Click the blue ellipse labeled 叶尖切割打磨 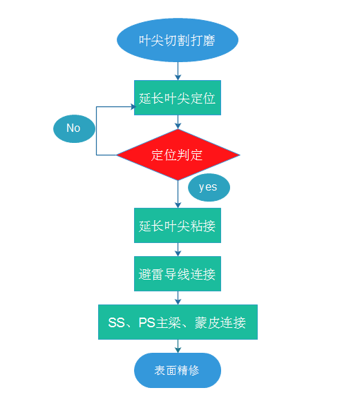pyautogui.click(x=178, y=40)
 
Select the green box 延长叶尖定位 pyautogui.click(x=178, y=97)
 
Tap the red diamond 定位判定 pyautogui.click(x=178, y=155)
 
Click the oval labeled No pyautogui.click(x=74, y=128)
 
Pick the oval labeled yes pyautogui.click(x=209, y=188)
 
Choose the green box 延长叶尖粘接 pyautogui.click(x=178, y=226)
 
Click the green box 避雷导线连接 pyautogui.click(x=178, y=273)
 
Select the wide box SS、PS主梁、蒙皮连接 pyautogui.click(x=178, y=322)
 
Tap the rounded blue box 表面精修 pyautogui.click(x=178, y=371)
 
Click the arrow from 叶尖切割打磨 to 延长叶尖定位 pyautogui.click(x=178, y=71)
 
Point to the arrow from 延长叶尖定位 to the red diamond pyautogui.click(x=178, y=122)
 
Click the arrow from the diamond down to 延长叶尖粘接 pyautogui.click(x=178, y=194)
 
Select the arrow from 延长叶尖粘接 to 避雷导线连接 pyautogui.click(x=178, y=249)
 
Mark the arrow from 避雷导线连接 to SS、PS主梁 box pyautogui.click(x=178, y=298)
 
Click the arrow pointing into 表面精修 pyautogui.click(x=178, y=347)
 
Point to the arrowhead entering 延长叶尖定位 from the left pyautogui.click(x=133, y=107)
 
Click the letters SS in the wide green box pyautogui.click(x=117, y=322)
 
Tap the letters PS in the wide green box pyautogui.click(x=147, y=322)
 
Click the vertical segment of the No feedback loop pyautogui.click(x=96, y=131)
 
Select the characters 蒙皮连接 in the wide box pyautogui.click(x=220, y=322)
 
